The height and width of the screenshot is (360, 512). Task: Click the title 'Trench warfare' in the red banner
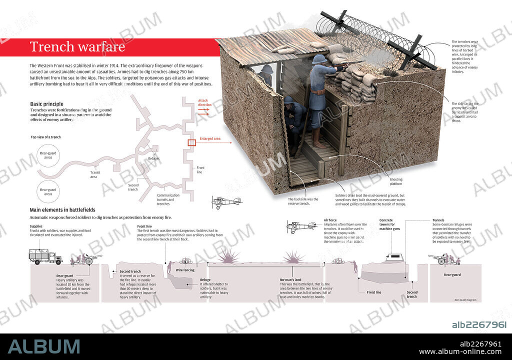(x=77, y=47)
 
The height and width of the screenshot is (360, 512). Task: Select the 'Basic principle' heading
(x=46, y=104)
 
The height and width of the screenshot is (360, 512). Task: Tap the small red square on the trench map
(x=191, y=142)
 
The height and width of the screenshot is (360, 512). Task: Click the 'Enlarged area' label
(x=209, y=138)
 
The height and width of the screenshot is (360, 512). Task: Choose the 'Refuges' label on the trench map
(x=154, y=158)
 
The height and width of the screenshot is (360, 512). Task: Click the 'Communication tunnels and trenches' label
(x=168, y=199)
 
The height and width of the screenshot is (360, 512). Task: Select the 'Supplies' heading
(x=36, y=226)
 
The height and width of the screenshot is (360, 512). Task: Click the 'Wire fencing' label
(x=185, y=270)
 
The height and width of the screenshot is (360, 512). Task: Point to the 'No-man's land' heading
(x=291, y=279)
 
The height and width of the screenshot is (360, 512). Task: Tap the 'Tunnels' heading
(x=438, y=220)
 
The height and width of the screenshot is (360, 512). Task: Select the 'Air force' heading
(x=330, y=220)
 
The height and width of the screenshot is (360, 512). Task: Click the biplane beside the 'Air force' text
(x=302, y=226)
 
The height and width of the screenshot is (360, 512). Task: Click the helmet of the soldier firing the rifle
(x=318, y=59)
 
